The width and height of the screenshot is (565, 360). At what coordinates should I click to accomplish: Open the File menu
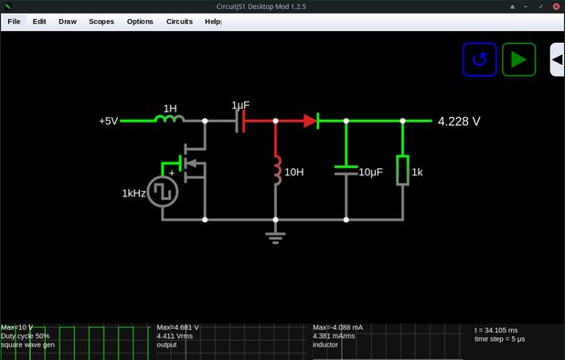[x=14, y=21]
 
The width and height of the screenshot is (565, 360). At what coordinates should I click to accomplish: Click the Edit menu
[x=39, y=21]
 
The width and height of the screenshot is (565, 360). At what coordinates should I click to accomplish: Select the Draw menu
[x=68, y=21]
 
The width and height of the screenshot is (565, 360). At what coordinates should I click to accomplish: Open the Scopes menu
[x=101, y=21]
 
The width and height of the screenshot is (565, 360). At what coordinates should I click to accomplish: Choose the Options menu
[x=140, y=21]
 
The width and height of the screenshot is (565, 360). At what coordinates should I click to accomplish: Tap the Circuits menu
[x=179, y=21]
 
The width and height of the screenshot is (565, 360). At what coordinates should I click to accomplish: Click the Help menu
[x=213, y=21]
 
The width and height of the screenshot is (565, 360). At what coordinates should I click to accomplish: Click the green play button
[x=519, y=60]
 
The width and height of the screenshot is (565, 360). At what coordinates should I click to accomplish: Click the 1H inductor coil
[x=170, y=120]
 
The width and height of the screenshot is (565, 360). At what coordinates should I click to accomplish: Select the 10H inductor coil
[x=276, y=169]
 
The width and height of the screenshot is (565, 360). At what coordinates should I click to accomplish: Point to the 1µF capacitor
[x=240, y=120]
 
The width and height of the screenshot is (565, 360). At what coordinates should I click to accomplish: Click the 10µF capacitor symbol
[x=346, y=170]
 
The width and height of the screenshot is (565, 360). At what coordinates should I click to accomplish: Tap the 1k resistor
[x=402, y=170]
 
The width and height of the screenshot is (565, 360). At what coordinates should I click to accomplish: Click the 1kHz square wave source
[x=165, y=191]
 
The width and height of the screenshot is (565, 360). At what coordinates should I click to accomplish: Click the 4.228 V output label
[x=459, y=121]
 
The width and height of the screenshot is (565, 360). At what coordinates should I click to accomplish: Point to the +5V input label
[x=109, y=121]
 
